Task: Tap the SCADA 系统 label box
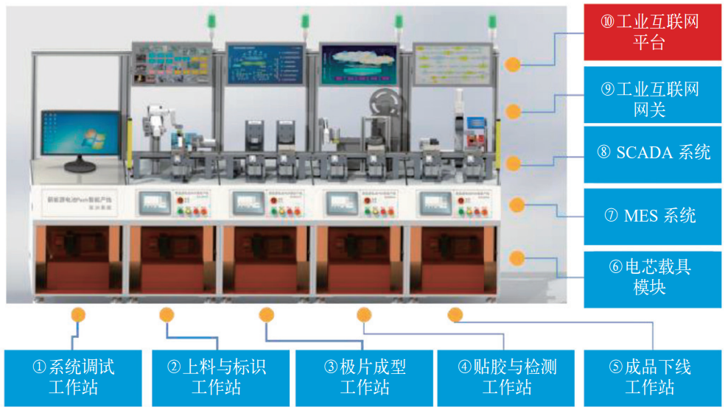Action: pos(651,154)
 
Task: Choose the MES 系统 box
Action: pos(651,216)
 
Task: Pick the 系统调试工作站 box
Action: pos(73,377)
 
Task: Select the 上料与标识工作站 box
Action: pos(217,377)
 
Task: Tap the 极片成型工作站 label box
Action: pos(362,377)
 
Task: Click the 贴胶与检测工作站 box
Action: pos(505,377)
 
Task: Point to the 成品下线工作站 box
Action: pos(650,377)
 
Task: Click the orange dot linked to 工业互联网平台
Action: pos(514,64)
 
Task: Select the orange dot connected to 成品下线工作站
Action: pos(456,315)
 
